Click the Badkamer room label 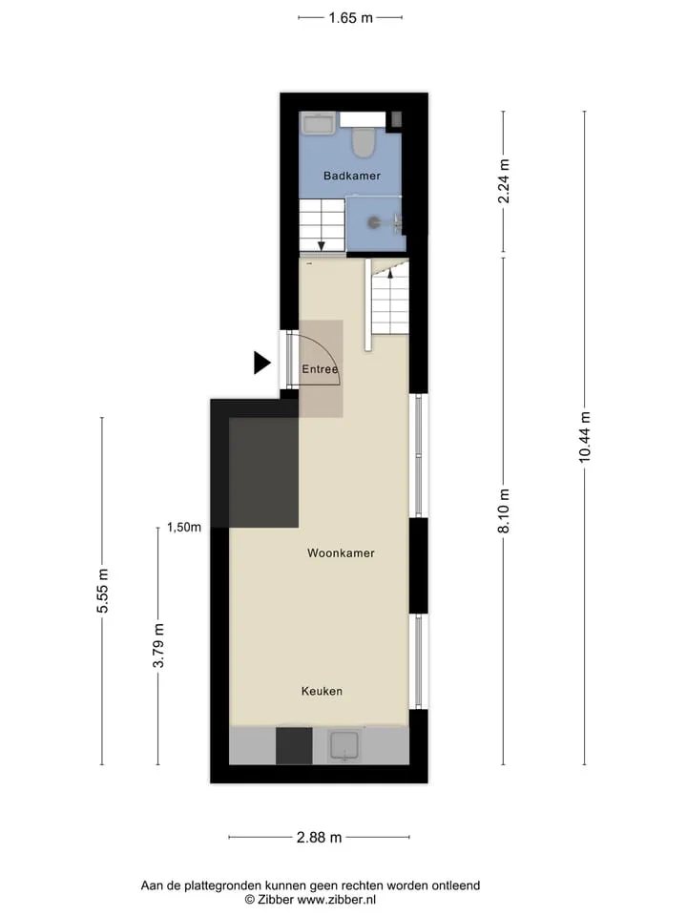352,176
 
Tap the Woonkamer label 341,552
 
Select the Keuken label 322,691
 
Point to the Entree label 320,369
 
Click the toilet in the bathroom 364,142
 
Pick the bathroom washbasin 318,123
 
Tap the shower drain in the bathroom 373,222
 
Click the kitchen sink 344,746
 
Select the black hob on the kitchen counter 294,745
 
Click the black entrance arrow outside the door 261,363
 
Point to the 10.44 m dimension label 585,437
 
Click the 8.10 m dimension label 504,510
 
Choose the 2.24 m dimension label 504,181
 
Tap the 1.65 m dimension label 350,18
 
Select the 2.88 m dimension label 319,837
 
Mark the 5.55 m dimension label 103,591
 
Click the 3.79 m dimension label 158,646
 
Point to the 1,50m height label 184,527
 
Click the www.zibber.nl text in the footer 337,900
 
